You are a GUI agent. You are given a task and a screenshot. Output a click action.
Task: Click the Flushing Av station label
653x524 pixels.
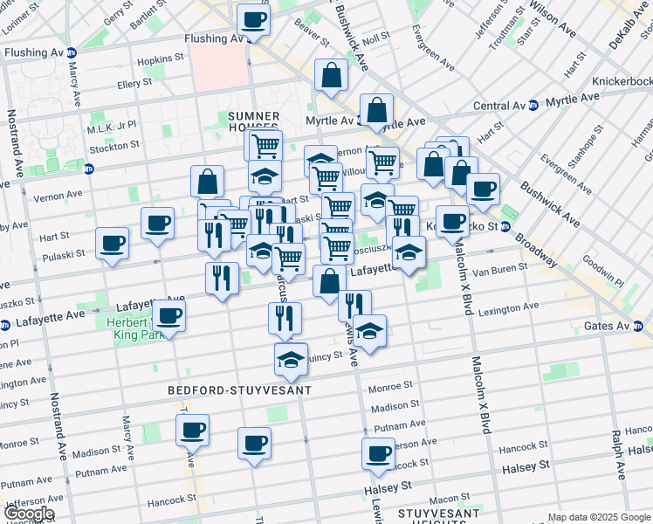[x=213, y=39]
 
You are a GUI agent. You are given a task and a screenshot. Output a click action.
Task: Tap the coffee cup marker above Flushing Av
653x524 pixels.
[x=253, y=19]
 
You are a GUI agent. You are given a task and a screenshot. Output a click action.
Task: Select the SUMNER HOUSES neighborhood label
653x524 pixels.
[x=253, y=121]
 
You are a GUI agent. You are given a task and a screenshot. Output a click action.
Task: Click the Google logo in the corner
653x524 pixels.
[x=28, y=514]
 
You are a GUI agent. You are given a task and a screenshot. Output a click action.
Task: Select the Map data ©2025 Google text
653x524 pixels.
[x=599, y=517]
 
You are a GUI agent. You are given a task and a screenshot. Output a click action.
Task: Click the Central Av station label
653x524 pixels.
[x=499, y=107]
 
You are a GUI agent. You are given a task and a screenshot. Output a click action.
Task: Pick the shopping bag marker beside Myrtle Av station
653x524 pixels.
[x=376, y=110]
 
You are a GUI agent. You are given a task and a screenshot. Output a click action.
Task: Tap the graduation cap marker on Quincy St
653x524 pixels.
[x=291, y=357]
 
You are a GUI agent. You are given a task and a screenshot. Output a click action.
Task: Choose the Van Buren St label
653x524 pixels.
[x=499, y=269]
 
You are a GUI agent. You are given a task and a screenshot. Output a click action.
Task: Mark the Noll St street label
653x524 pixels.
[x=376, y=39]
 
